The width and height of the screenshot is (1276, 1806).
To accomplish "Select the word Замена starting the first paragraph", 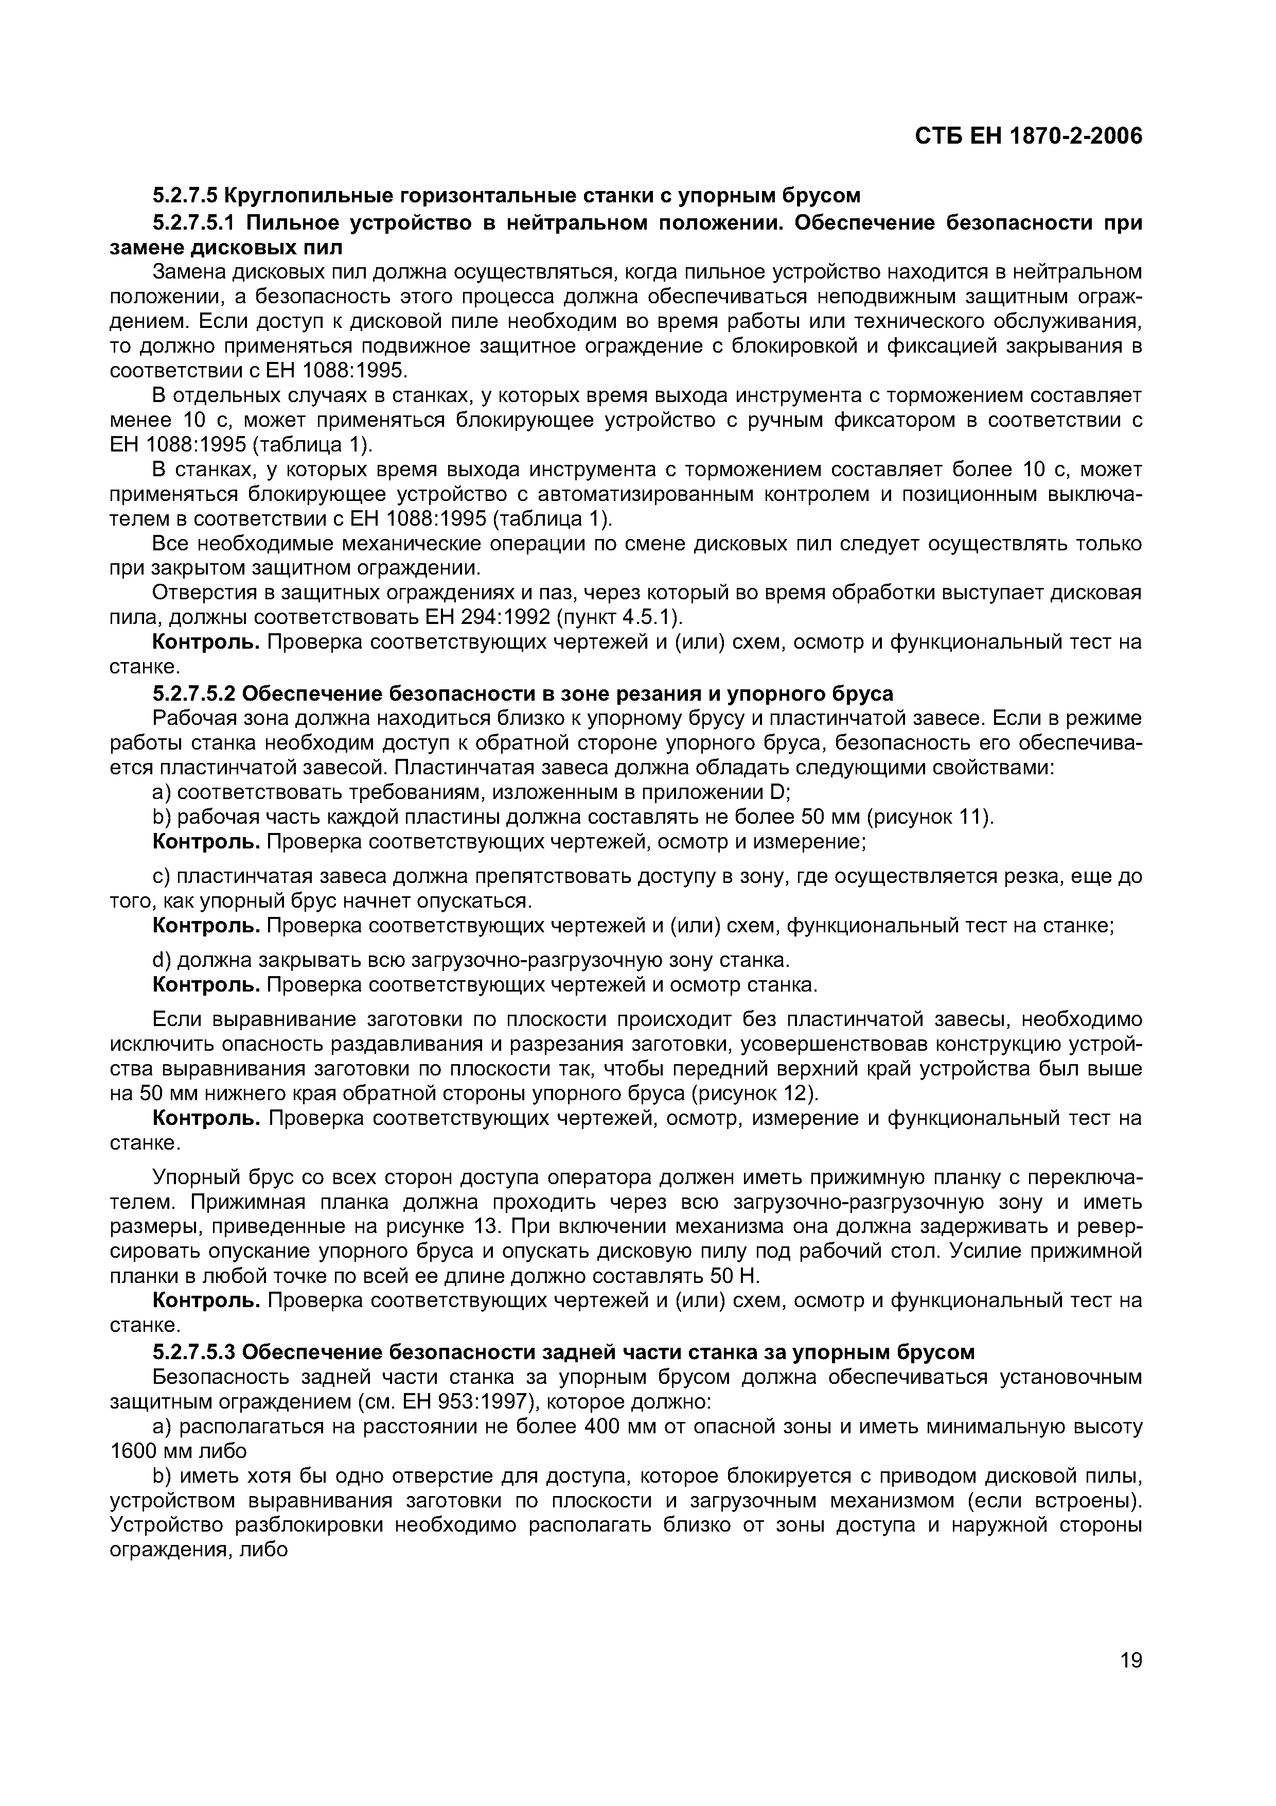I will pos(186,272).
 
